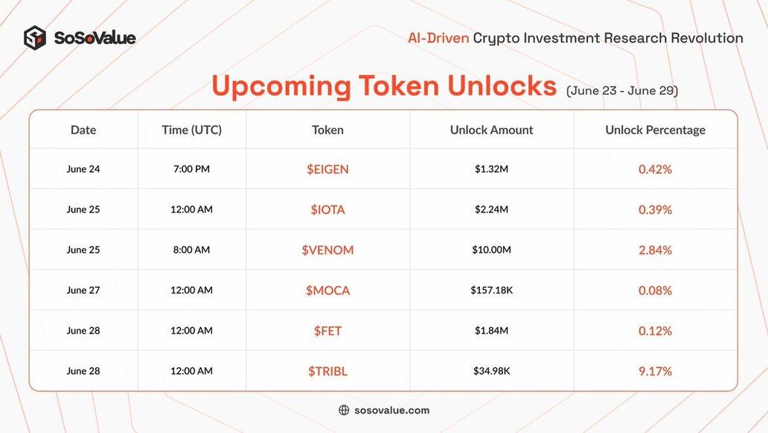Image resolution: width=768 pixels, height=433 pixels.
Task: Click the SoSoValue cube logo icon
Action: [35, 38]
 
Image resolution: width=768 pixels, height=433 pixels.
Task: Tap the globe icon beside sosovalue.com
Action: [344, 410]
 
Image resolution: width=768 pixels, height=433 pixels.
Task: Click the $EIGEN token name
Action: [327, 169]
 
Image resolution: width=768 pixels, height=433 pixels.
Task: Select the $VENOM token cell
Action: [327, 250]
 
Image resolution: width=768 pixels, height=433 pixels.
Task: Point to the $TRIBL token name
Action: [327, 371]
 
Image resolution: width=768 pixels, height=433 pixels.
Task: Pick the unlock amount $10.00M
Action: [491, 250]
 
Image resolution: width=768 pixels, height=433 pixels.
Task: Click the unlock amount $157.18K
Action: [491, 290]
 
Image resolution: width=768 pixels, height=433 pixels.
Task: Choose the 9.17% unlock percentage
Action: [655, 371]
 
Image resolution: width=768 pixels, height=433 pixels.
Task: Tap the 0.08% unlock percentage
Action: [655, 291]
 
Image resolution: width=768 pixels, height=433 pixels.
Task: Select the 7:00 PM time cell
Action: [191, 168]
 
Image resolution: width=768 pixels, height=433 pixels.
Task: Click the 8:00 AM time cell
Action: [191, 250]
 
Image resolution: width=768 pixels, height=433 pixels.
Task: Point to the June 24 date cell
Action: [83, 168]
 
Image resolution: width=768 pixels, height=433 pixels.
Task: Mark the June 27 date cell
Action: [83, 290]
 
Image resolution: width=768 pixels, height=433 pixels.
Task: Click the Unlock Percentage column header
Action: [656, 130]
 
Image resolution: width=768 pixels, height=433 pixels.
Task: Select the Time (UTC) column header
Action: [191, 130]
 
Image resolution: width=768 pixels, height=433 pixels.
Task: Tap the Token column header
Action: [327, 130]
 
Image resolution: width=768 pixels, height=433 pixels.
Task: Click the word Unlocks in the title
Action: [502, 85]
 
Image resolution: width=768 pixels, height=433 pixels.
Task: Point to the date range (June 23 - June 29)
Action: [622, 91]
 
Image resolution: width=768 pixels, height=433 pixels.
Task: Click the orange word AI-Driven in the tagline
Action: [438, 38]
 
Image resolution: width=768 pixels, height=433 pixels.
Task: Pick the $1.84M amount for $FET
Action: [491, 330]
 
